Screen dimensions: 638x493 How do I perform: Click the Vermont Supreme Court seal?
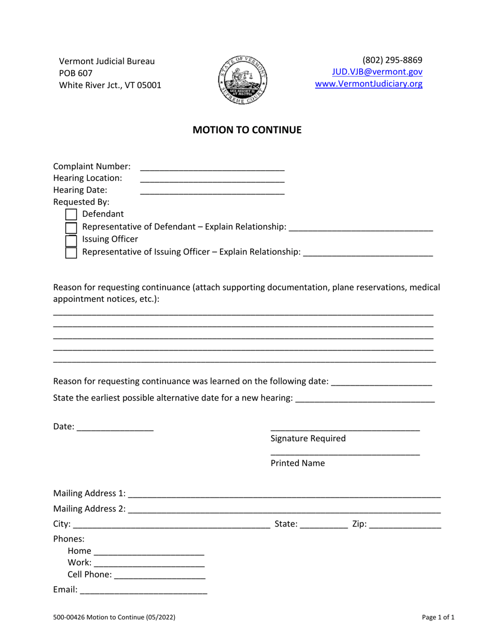click(x=242, y=80)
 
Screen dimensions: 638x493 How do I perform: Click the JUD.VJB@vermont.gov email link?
click(x=377, y=73)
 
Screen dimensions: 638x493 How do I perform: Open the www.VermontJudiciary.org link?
click(x=368, y=84)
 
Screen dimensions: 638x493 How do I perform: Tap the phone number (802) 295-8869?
click(x=392, y=60)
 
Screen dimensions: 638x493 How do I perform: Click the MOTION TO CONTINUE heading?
click(x=246, y=130)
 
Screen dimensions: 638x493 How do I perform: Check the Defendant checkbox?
click(x=71, y=214)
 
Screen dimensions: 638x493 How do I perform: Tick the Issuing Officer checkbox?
click(x=71, y=240)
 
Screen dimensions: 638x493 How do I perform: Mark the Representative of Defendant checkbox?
click(x=71, y=228)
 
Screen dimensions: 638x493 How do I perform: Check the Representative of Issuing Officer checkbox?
click(x=71, y=253)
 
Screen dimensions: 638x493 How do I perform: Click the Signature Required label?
click(x=308, y=439)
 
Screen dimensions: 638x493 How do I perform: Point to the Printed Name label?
click(x=297, y=464)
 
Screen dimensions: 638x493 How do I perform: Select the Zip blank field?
click(x=405, y=525)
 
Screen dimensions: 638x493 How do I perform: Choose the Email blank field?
click(x=143, y=590)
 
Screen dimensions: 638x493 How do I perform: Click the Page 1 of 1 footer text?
click(x=438, y=618)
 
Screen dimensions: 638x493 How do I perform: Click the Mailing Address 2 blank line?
click(x=284, y=509)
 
